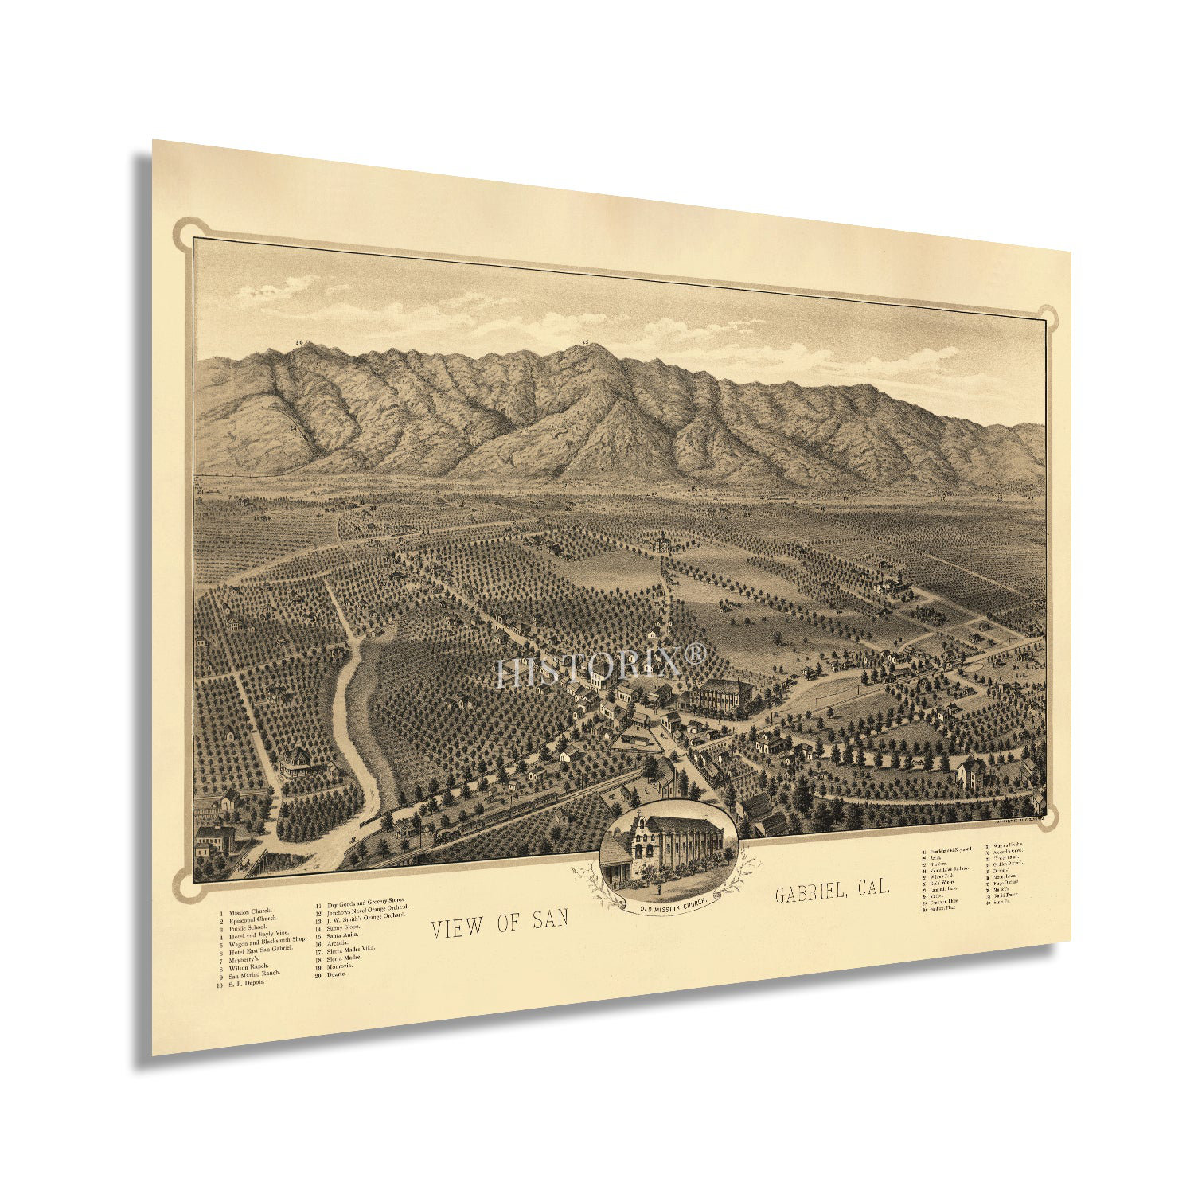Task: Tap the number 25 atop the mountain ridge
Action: click(585, 344)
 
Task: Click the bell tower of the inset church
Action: click(642, 836)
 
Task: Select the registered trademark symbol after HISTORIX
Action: click(695, 654)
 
